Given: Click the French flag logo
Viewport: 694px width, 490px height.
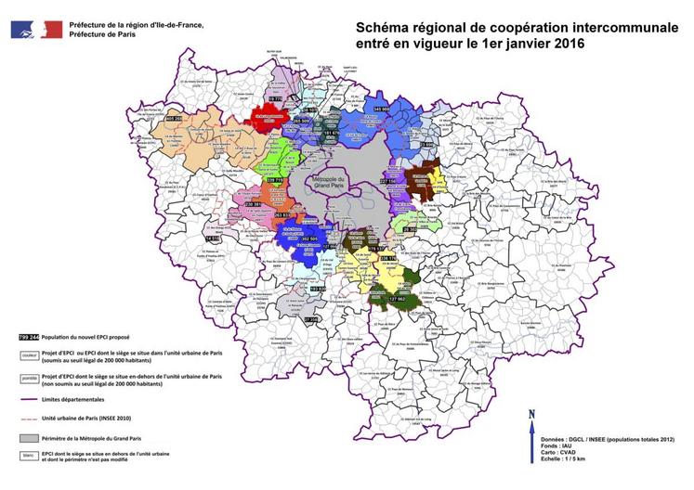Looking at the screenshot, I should click(x=37, y=28).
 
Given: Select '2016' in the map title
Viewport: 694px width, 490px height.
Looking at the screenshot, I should click(x=558, y=45).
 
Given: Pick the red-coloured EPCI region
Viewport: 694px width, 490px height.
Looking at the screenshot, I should click(x=269, y=119).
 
